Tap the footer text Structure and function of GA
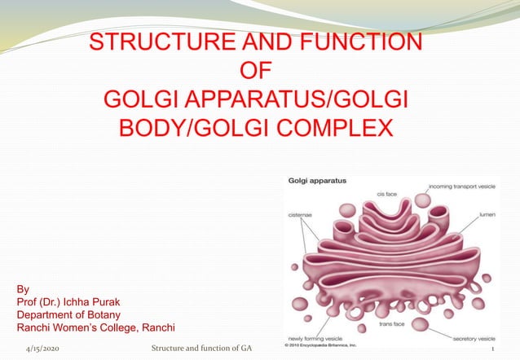point(195,349)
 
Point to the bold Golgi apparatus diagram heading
point(318,178)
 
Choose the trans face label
point(392,324)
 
